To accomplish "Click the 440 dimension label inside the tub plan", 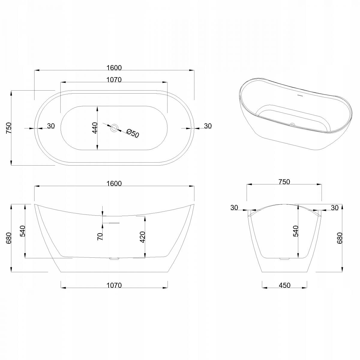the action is [x=95, y=128].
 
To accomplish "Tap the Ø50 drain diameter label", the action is [x=133, y=133].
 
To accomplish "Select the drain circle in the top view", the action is [x=114, y=128].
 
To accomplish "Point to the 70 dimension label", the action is [x=100, y=236].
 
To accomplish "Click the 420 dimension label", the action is [x=142, y=237].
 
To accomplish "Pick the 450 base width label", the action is [x=284, y=285].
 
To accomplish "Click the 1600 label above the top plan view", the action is [x=114, y=67].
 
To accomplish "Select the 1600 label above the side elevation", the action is [x=114, y=184].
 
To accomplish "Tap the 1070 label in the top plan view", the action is [x=114, y=80].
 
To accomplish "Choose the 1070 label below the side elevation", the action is [x=114, y=285].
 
